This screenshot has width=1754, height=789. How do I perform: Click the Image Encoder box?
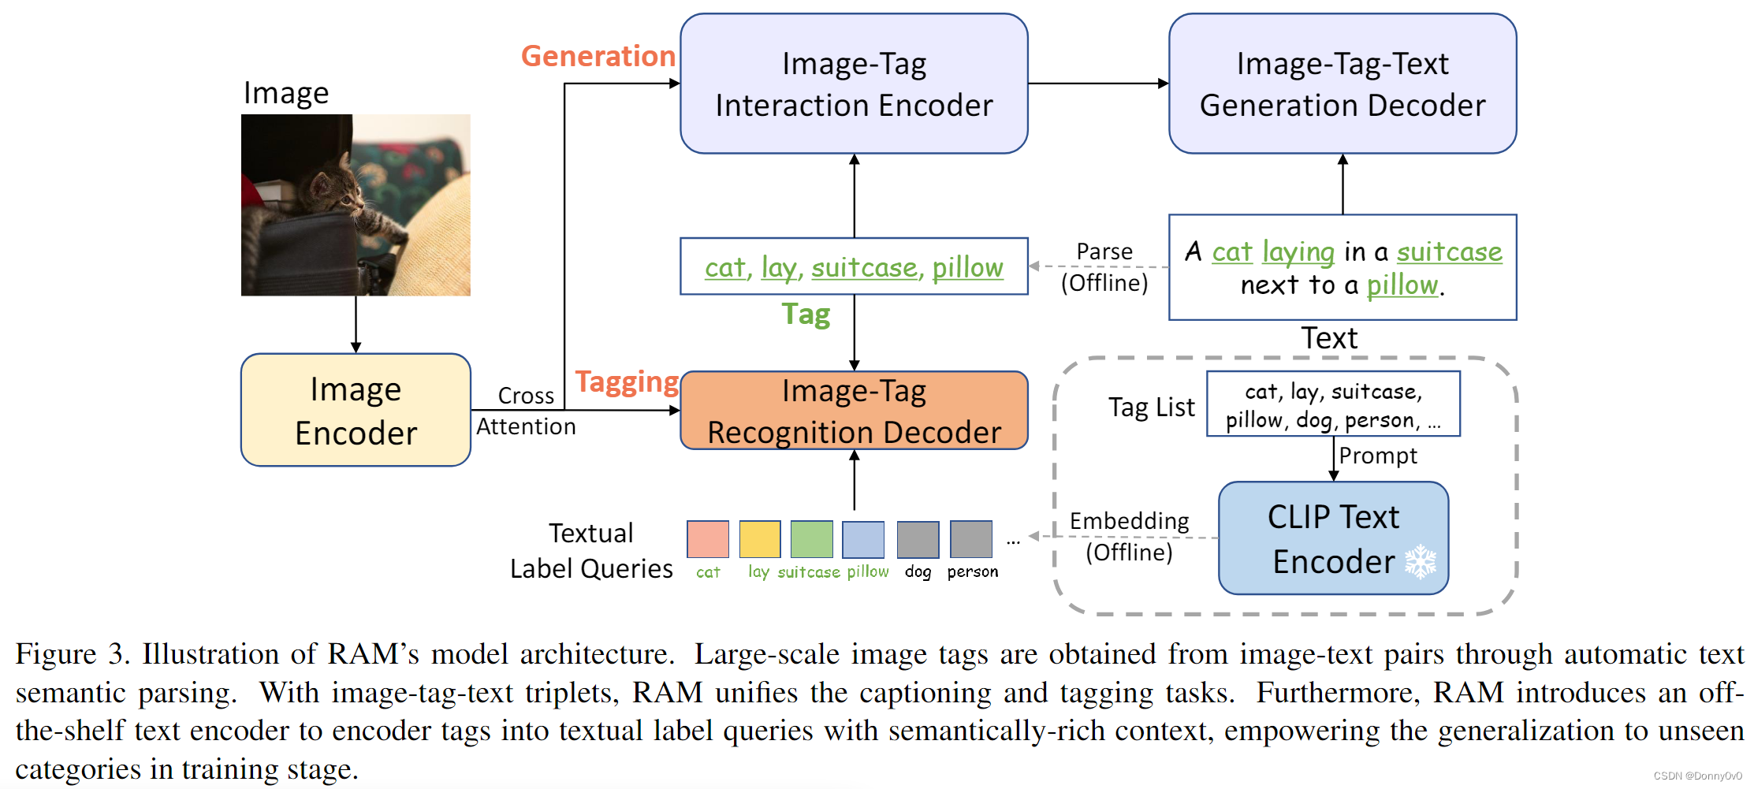click(356, 410)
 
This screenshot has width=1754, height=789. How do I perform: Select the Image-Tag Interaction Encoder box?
click(854, 84)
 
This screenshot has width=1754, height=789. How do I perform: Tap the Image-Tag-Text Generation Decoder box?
click(1342, 84)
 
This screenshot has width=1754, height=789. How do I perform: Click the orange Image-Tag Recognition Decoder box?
click(854, 411)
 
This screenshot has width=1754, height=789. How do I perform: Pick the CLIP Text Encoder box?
click(1332, 538)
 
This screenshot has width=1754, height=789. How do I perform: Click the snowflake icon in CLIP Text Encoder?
click(1420, 561)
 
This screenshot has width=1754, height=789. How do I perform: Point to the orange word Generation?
click(598, 56)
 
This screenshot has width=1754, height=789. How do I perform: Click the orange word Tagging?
click(627, 381)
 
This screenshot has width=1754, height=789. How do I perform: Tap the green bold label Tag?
click(806, 314)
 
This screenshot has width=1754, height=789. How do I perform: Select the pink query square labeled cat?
click(707, 539)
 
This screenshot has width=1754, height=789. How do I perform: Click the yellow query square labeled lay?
click(759, 539)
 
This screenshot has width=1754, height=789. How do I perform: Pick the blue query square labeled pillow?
click(862, 539)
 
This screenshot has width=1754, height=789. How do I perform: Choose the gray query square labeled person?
click(970, 539)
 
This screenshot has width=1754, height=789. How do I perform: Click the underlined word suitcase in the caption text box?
click(1449, 252)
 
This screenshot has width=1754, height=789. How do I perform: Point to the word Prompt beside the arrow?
click(1377, 456)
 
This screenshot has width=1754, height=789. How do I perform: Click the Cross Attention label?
click(526, 411)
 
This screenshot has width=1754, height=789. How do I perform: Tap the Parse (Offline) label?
click(1104, 267)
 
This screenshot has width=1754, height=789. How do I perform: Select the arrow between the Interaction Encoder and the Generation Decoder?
click(1097, 84)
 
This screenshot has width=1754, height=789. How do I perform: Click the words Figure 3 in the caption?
click(73, 654)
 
